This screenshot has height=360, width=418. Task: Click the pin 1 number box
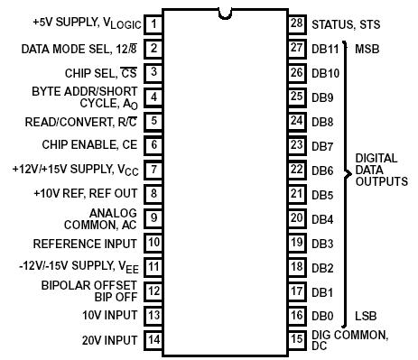pos(154,23)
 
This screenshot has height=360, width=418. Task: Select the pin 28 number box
pos(295,23)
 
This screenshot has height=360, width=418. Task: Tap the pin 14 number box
pos(154,340)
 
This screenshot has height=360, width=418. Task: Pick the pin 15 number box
pos(295,340)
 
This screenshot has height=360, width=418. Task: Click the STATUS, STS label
pos(346,23)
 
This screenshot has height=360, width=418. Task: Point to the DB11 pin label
pos(326,47)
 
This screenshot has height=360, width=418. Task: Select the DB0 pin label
pos(323,316)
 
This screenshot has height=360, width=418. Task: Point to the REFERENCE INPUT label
pos(84,243)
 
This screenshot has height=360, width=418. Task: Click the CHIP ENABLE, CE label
pos(89,144)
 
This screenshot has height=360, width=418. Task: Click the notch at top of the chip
pos(225,12)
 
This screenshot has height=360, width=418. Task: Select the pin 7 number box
pos(154,169)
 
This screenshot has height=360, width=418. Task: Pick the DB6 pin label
pos(323,170)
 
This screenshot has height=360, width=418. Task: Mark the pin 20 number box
pos(295,218)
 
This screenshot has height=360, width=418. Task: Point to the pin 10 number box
pos(154,243)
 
